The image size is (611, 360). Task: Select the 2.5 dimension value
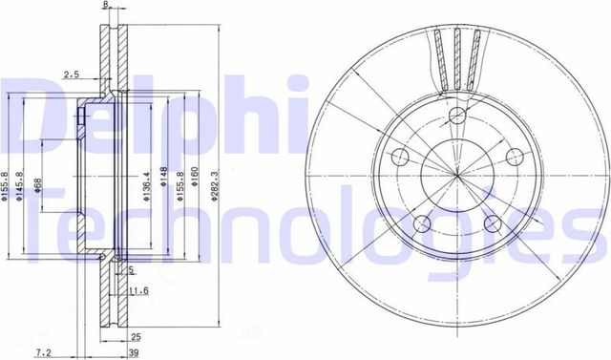pyautogui.click(x=71, y=74)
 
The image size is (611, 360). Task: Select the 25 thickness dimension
pyautogui.click(x=137, y=336)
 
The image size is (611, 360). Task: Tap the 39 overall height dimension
pyautogui.click(x=137, y=351)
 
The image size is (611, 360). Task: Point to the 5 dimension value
pyautogui.click(x=131, y=269)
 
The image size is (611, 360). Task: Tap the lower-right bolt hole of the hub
pyautogui.click(x=493, y=224)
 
